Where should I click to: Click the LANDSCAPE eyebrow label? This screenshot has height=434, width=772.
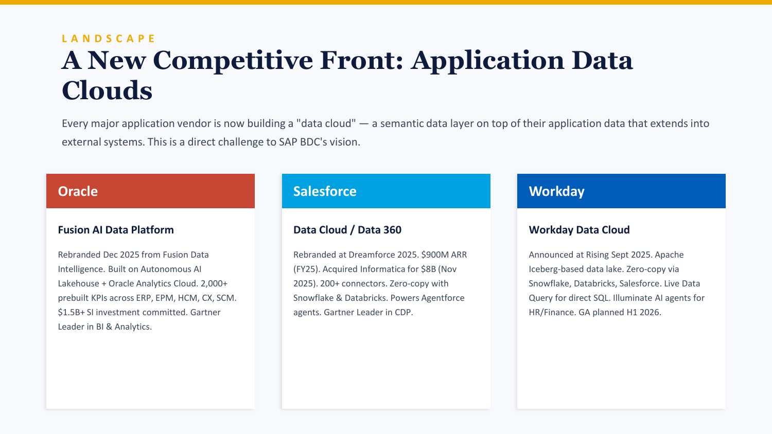(x=108, y=38)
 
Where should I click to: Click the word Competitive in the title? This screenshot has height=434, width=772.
(x=233, y=61)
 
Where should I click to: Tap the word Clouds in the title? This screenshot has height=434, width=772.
(x=107, y=91)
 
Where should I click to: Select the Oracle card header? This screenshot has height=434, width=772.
(x=150, y=191)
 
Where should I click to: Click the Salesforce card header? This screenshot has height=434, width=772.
(x=386, y=191)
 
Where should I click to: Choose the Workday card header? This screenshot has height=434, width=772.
(x=621, y=191)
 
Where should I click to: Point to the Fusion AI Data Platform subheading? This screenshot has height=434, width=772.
(x=116, y=230)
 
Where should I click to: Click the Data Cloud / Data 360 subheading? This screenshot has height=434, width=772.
(x=347, y=230)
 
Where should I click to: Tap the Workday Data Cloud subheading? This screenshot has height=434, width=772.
(x=579, y=230)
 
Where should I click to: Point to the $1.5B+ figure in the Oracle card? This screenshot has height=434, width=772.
(x=72, y=312)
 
